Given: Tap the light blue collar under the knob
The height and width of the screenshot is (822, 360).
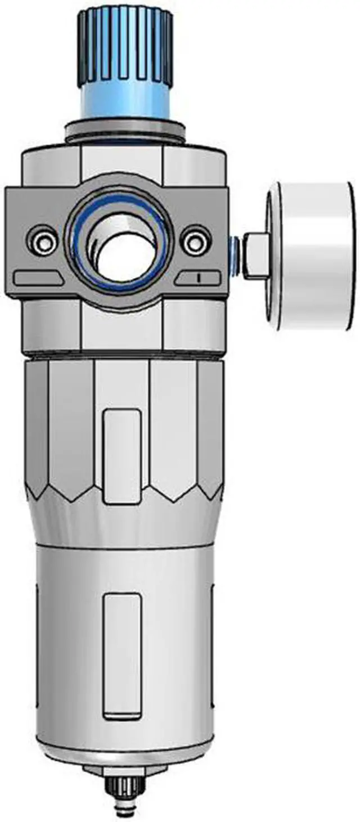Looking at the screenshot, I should (125, 101).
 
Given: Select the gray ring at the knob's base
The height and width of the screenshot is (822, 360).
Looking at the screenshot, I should (125, 132).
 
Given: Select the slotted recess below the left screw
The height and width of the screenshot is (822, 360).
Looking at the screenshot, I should (38, 277).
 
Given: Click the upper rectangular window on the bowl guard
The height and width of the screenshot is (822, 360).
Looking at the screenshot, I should (122, 456).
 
